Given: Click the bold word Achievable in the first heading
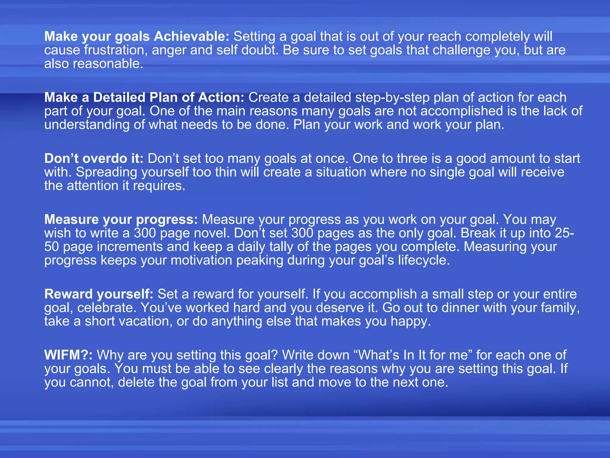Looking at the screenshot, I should (x=192, y=37).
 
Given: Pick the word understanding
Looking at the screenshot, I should (x=87, y=125).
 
